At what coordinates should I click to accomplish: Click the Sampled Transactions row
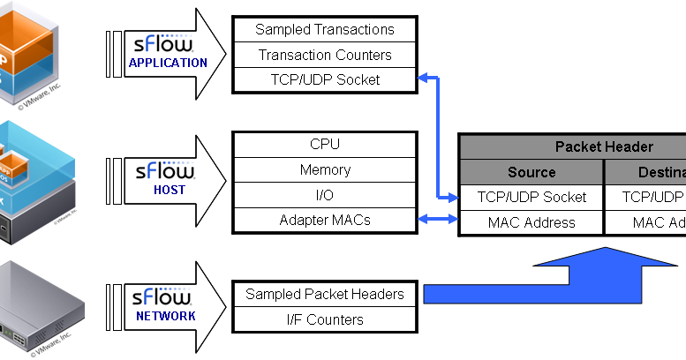pos(324,29)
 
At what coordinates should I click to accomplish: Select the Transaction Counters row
pos(324,55)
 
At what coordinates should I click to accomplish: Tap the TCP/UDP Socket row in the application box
pos(324,79)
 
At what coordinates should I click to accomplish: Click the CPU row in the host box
pos(324,144)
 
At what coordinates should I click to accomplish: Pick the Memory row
pos(324,169)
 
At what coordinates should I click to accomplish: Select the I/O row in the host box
pos(324,194)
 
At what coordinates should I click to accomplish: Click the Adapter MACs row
pos(324,219)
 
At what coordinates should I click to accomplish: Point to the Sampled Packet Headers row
pos(324,294)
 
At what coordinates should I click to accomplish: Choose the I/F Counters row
pos(324,319)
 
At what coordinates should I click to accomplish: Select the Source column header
pos(531,172)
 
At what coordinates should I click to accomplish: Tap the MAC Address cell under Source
pos(531,222)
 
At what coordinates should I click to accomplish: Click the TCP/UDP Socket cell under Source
pos(531,197)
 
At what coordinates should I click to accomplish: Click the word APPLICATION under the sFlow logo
pos(168,64)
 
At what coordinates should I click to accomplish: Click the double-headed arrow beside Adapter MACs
pos(437,219)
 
